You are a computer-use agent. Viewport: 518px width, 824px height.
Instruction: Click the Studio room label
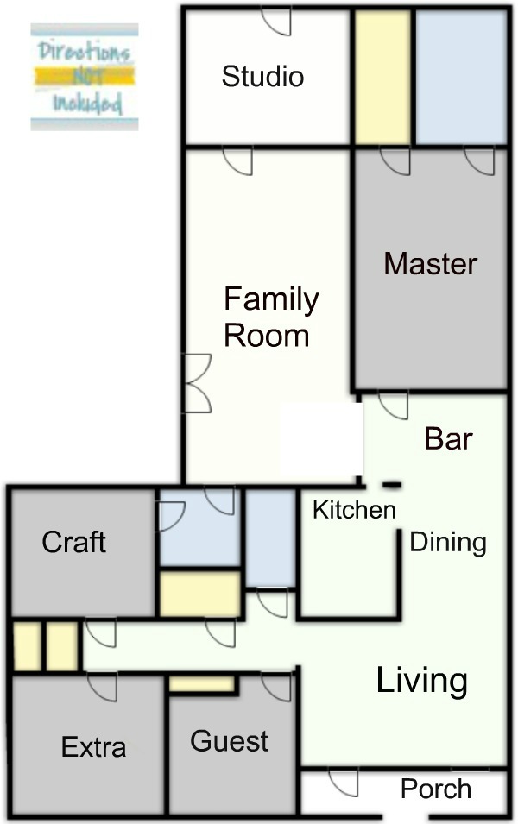coord(262,77)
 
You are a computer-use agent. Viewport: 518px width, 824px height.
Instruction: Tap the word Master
coord(430,264)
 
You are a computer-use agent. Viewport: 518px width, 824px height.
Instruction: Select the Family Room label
coord(271,318)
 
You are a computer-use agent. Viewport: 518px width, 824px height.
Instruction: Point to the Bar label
coord(448,439)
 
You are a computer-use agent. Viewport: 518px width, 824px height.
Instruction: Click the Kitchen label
coord(354,510)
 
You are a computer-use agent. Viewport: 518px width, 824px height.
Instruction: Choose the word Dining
coord(448,543)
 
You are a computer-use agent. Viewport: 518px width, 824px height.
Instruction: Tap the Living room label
coord(422,681)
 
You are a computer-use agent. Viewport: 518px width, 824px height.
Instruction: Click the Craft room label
coord(73,542)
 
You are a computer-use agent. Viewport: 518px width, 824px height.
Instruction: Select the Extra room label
coord(93,746)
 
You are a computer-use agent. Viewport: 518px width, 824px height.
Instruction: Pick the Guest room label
coord(230,741)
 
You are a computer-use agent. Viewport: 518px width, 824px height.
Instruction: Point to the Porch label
coord(435,789)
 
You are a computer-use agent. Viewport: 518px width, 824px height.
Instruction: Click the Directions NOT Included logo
coord(84,77)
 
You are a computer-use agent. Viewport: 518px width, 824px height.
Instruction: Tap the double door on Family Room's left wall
coord(197,383)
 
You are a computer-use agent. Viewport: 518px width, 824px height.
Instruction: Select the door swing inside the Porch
coord(344,783)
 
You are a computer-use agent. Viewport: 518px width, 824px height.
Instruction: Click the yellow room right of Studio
coord(382,77)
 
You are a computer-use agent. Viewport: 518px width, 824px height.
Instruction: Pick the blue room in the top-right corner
coord(461,77)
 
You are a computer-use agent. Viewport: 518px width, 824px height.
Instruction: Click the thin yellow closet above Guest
coord(201,684)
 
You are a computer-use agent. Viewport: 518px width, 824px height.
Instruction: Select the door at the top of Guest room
coord(276,688)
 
